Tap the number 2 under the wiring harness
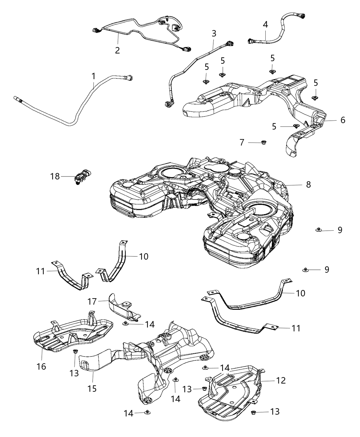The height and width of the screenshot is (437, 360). pyautogui.click(x=118, y=50)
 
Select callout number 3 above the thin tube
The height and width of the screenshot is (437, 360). pyautogui.click(x=214, y=33)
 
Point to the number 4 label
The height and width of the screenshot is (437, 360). pyautogui.click(x=265, y=24)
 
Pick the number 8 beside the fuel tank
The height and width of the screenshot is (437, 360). pyautogui.click(x=309, y=184)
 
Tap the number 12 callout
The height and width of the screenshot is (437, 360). pyautogui.click(x=281, y=380)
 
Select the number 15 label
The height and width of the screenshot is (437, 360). pyautogui.click(x=92, y=388)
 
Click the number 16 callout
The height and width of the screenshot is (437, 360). pyautogui.click(x=42, y=367)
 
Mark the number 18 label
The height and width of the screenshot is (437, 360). pyautogui.click(x=55, y=177)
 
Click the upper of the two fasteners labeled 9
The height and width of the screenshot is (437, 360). pyautogui.click(x=319, y=229)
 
